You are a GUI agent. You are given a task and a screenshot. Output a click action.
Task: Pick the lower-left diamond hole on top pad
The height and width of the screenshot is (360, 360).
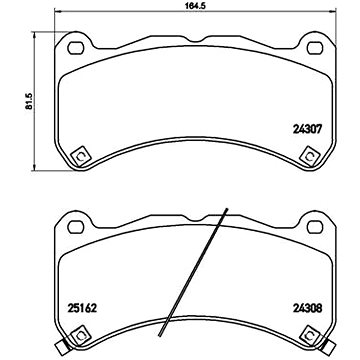tap(81, 156)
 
